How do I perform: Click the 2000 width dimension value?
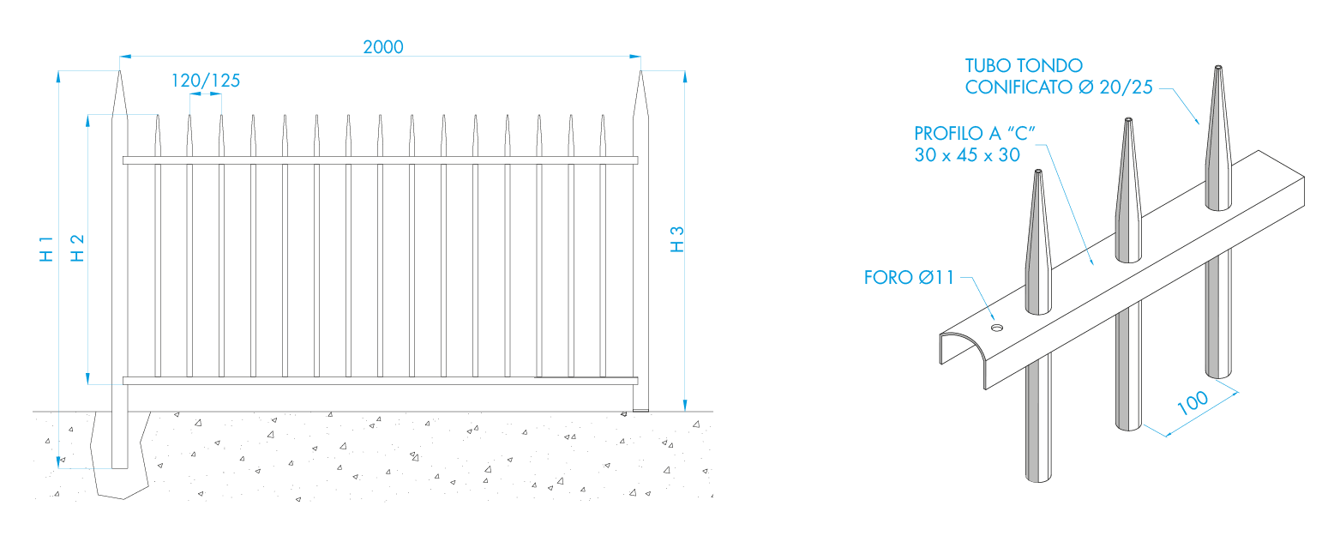tap(382, 46)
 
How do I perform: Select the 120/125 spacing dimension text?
tap(206, 81)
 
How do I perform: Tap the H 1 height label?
tap(47, 249)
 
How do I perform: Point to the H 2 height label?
tap(77, 249)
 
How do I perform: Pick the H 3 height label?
tap(677, 239)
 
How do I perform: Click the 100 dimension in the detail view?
tap(1192, 403)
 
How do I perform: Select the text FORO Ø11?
tap(909, 278)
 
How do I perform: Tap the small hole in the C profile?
tap(996, 328)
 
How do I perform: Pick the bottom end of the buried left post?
tap(120, 467)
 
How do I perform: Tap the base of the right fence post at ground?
tap(640, 408)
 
